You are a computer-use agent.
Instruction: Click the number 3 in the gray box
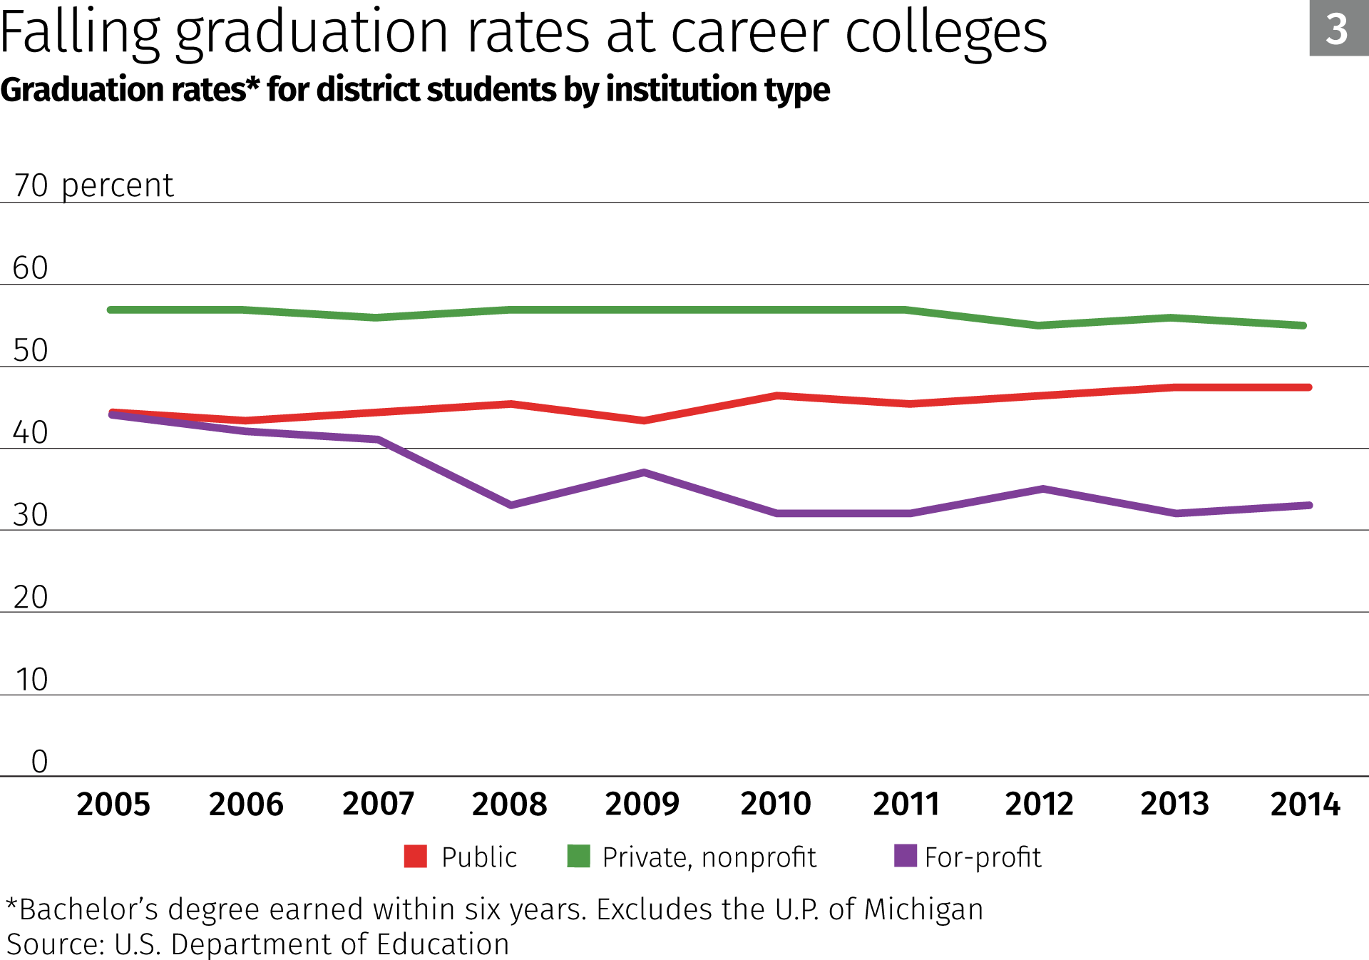pyautogui.click(x=1337, y=29)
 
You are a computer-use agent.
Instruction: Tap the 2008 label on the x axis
pyautogui.click(x=509, y=804)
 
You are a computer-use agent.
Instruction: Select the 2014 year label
pyautogui.click(x=1305, y=804)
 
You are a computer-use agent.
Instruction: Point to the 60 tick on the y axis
pyautogui.click(x=31, y=268)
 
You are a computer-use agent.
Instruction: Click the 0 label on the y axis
pyautogui.click(x=40, y=762)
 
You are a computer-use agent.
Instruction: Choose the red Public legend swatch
pyautogui.click(x=415, y=856)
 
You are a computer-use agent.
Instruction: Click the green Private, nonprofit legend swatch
pyautogui.click(x=578, y=856)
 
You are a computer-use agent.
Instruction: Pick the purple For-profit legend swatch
pyautogui.click(x=905, y=855)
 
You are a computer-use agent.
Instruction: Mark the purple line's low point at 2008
pyautogui.click(x=511, y=505)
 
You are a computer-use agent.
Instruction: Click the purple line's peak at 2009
pyautogui.click(x=644, y=472)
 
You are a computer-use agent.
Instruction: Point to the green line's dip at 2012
pyautogui.click(x=1038, y=325)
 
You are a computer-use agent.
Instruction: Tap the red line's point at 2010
pyautogui.click(x=777, y=395)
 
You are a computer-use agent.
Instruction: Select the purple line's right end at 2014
pyautogui.click(x=1309, y=505)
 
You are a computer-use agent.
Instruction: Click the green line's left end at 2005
pyautogui.click(x=111, y=310)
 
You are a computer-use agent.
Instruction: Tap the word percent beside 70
pyautogui.click(x=117, y=186)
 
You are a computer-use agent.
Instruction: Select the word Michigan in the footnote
pyautogui.click(x=923, y=909)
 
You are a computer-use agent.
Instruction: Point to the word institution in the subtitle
pyautogui.click(x=696, y=90)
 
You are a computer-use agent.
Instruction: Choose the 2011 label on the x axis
pyautogui.click(x=906, y=804)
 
